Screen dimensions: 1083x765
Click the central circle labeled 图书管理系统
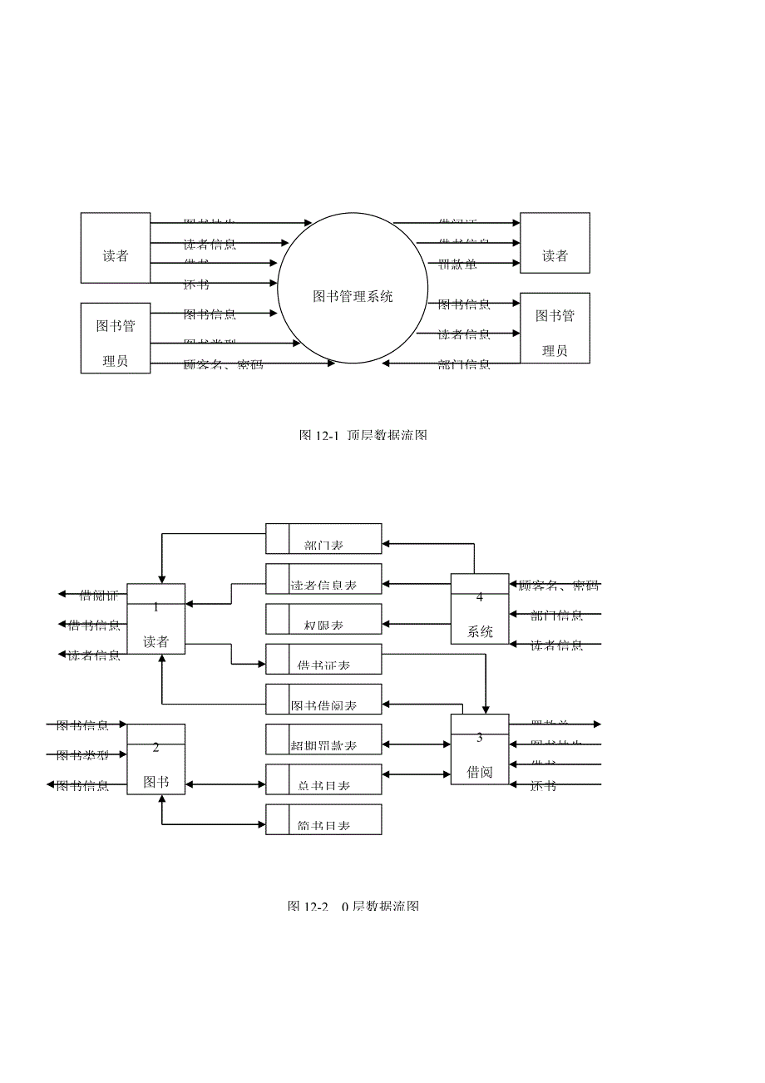coord(353,288)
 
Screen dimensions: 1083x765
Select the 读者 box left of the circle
coord(116,248)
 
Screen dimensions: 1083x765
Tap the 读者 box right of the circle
coord(555,243)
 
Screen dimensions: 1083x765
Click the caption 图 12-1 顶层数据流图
coord(363,435)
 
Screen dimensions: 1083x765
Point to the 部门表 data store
coord(323,539)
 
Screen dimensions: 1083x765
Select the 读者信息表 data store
coord(323,579)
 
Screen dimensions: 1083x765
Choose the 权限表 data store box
coord(323,619)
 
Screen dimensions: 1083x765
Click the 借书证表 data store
coord(323,659)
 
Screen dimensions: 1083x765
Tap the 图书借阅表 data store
coord(323,699)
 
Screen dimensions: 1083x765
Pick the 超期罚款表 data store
coord(323,739)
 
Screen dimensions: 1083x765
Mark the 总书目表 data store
coord(323,779)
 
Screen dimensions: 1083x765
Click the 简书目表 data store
coord(323,818)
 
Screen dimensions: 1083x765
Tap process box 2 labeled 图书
coord(155,759)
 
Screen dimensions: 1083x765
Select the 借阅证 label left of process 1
coord(98,595)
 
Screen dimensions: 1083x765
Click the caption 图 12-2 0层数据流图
coord(353,906)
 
